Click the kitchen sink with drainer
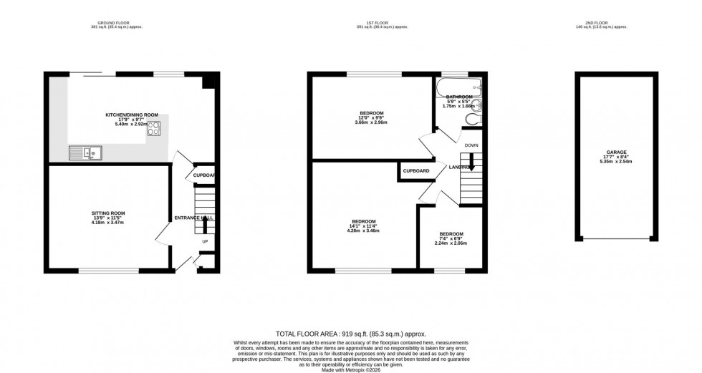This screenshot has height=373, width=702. click(85, 152)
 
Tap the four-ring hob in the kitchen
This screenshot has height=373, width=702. click(154, 130)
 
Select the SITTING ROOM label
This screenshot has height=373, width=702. click(108, 213)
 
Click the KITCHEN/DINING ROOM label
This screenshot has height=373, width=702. click(132, 115)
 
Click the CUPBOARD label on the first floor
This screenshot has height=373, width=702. click(416, 171)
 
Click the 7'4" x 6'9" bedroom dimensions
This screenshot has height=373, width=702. click(451, 239)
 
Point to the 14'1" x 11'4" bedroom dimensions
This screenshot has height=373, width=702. click(362, 226)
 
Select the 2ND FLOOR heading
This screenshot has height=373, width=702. click(617, 23)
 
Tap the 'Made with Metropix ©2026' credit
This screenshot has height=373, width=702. click(351, 369)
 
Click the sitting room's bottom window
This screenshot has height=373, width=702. click(108, 270)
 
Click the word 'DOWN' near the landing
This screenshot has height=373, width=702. click(471, 145)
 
